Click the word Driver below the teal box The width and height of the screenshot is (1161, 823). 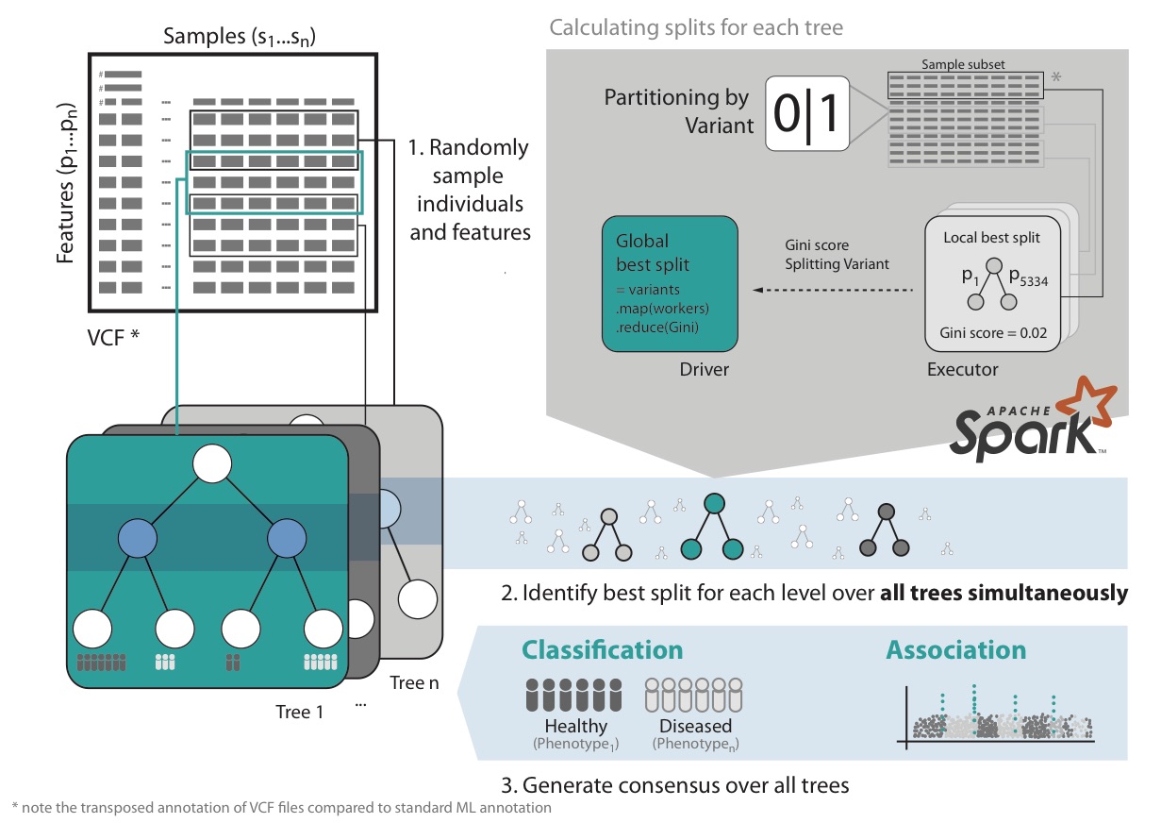705,369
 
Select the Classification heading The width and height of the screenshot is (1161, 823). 603,650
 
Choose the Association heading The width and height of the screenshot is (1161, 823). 955,650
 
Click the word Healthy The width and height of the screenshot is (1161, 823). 575,726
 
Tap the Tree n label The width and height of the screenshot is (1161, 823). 414,681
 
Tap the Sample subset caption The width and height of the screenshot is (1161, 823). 961,64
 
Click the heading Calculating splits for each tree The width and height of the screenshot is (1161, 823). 696,27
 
